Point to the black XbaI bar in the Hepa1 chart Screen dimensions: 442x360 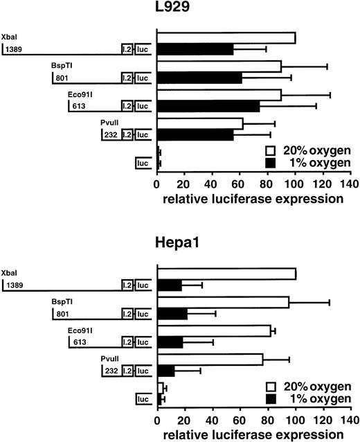click(x=170, y=285)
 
